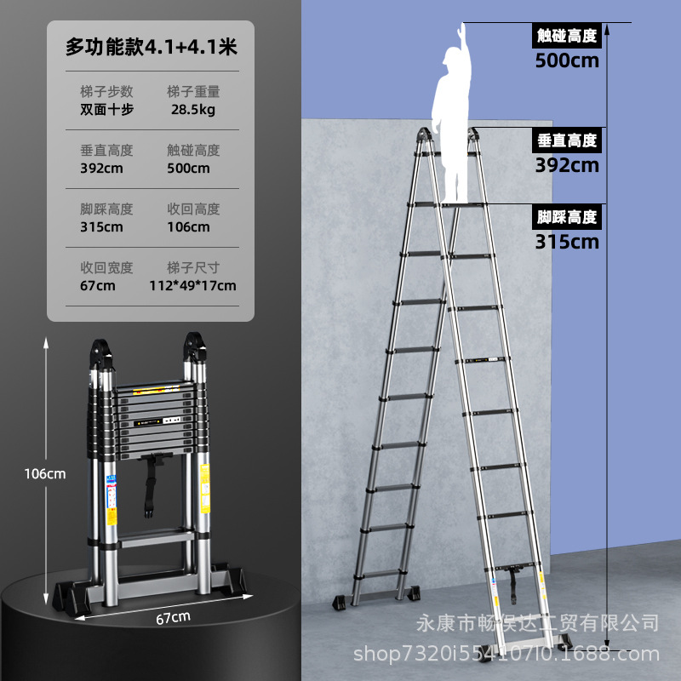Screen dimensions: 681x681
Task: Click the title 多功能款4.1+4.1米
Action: click(x=151, y=48)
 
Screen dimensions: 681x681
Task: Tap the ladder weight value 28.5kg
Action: click(x=193, y=110)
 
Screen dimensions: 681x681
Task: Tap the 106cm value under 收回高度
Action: click(x=189, y=226)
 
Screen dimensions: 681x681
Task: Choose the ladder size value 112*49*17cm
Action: click(x=192, y=285)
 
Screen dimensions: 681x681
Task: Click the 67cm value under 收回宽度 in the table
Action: click(x=98, y=285)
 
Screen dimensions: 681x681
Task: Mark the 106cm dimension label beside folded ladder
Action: click(x=44, y=474)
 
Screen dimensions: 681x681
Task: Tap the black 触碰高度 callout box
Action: click(x=567, y=36)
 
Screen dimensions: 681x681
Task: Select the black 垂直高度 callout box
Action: click(x=567, y=140)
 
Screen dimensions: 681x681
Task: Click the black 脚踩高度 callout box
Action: click(x=567, y=217)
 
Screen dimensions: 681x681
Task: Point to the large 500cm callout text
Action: click(x=567, y=60)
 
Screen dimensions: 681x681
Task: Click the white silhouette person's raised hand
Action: click(x=462, y=29)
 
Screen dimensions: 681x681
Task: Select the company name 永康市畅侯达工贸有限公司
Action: click(x=537, y=624)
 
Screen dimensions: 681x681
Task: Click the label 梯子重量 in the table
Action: click(x=194, y=91)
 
